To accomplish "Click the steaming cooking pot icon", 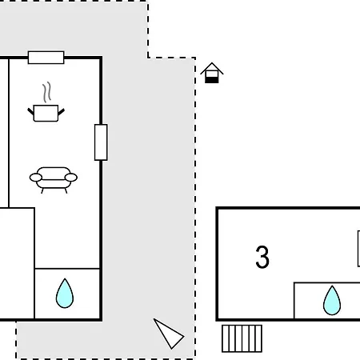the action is point(46,102).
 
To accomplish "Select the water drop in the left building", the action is point(65,294).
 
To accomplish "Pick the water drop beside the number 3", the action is point(332,301).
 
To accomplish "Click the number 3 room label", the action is point(262,257).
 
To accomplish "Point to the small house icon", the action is point(212,73).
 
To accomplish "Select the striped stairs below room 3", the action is point(242,338).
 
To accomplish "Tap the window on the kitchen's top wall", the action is point(46,58).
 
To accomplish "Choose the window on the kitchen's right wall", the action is point(101,142).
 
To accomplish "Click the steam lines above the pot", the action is point(46,92).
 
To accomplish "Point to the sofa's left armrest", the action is point(36,178).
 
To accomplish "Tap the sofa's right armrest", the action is point(71,178).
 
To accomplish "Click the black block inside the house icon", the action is point(212,80).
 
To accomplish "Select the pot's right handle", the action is point(62,112).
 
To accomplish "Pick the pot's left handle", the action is point(31,112).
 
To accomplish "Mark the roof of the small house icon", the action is point(212,68).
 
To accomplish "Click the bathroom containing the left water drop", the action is point(67,294).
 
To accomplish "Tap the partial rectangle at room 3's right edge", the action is point(358,249).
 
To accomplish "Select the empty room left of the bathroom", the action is point(17,263).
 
